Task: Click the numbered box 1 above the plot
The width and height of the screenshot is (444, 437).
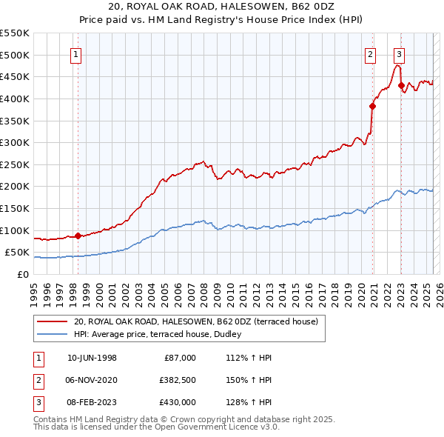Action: click(78, 53)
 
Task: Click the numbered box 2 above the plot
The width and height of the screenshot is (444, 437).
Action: click(370, 53)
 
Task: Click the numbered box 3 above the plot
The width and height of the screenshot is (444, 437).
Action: click(399, 53)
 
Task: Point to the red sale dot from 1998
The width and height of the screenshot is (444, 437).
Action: click(78, 236)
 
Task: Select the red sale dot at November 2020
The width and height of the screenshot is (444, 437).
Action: click(372, 106)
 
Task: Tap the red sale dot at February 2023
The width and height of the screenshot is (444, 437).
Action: click(401, 85)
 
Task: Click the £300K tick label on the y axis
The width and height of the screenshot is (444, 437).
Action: click(14, 142)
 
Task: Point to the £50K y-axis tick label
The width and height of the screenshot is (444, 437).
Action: click(17, 253)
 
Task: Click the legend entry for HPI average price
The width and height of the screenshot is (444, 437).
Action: click(163, 334)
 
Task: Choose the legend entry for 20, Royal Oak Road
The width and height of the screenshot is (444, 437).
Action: click(195, 321)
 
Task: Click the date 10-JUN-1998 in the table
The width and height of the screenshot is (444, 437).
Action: click(92, 358)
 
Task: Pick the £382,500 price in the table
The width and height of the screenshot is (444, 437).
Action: click(178, 380)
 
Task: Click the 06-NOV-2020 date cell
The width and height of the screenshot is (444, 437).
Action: click(92, 380)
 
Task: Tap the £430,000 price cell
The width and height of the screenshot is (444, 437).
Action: click(178, 402)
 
